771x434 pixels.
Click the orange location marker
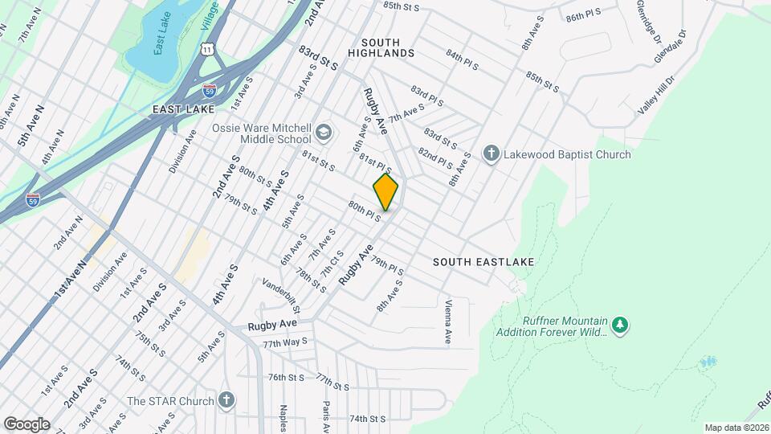click(385, 193)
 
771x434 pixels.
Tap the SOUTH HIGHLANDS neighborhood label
click(381, 47)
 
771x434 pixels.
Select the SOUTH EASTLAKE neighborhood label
click(483, 262)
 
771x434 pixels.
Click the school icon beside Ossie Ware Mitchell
click(323, 132)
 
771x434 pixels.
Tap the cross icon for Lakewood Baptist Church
click(492, 154)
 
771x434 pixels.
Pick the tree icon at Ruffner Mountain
click(618, 325)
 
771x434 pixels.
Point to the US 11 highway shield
click(208, 49)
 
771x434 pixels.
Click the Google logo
click(26, 424)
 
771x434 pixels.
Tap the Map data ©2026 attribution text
click(735, 428)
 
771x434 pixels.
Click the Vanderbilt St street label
click(282, 296)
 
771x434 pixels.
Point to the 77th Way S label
click(285, 342)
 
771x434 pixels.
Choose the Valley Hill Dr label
click(657, 95)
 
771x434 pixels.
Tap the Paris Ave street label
click(326, 416)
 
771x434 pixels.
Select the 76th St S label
click(286, 376)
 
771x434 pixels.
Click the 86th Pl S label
click(585, 17)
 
